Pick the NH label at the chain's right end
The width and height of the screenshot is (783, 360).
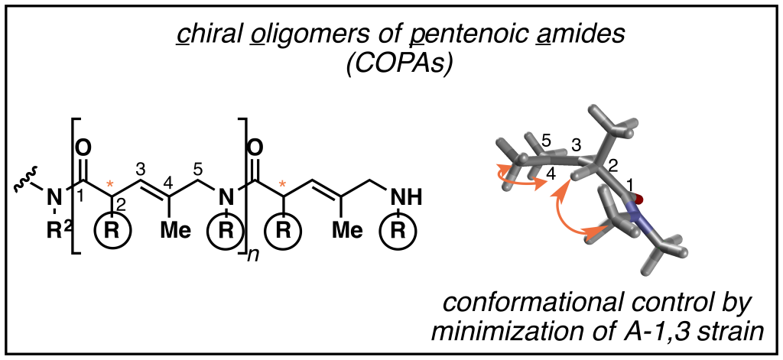(404, 200)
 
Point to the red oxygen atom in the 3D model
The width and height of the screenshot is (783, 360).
(638, 199)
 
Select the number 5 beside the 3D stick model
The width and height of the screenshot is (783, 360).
(546, 141)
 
